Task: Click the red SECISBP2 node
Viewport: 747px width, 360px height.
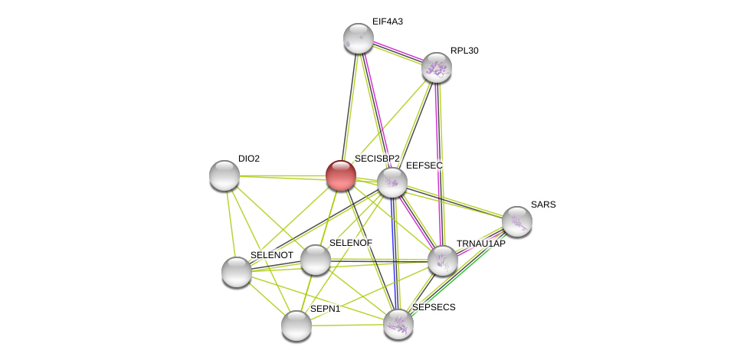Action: point(341,175)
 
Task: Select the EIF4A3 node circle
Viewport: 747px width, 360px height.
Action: point(358,38)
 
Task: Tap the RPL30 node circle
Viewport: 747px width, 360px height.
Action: point(437,67)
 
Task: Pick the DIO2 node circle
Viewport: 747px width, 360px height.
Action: point(224,175)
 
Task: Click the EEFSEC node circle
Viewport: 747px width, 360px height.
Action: point(392,182)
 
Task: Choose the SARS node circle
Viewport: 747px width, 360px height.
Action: point(517,221)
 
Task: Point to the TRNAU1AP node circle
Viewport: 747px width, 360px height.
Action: point(443,260)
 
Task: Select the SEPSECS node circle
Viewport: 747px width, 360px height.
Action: point(398,324)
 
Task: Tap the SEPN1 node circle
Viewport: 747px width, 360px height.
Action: point(297,326)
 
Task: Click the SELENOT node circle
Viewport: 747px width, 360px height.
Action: point(237,272)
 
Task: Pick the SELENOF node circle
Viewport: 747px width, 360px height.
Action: point(316,260)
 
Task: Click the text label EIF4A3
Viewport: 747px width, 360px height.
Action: point(387,21)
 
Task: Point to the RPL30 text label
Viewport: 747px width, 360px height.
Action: point(464,51)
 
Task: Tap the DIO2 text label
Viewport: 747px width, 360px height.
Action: point(249,159)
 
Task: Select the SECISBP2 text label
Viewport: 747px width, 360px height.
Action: point(377,159)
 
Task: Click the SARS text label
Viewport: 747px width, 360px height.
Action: point(543,205)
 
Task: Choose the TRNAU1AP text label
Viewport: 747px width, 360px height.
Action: point(481,244)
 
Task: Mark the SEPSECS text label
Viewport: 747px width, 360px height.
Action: point(434,307)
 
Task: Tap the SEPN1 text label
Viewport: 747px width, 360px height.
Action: point(325,309)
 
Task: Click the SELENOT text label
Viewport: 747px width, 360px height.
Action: point(272,255)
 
